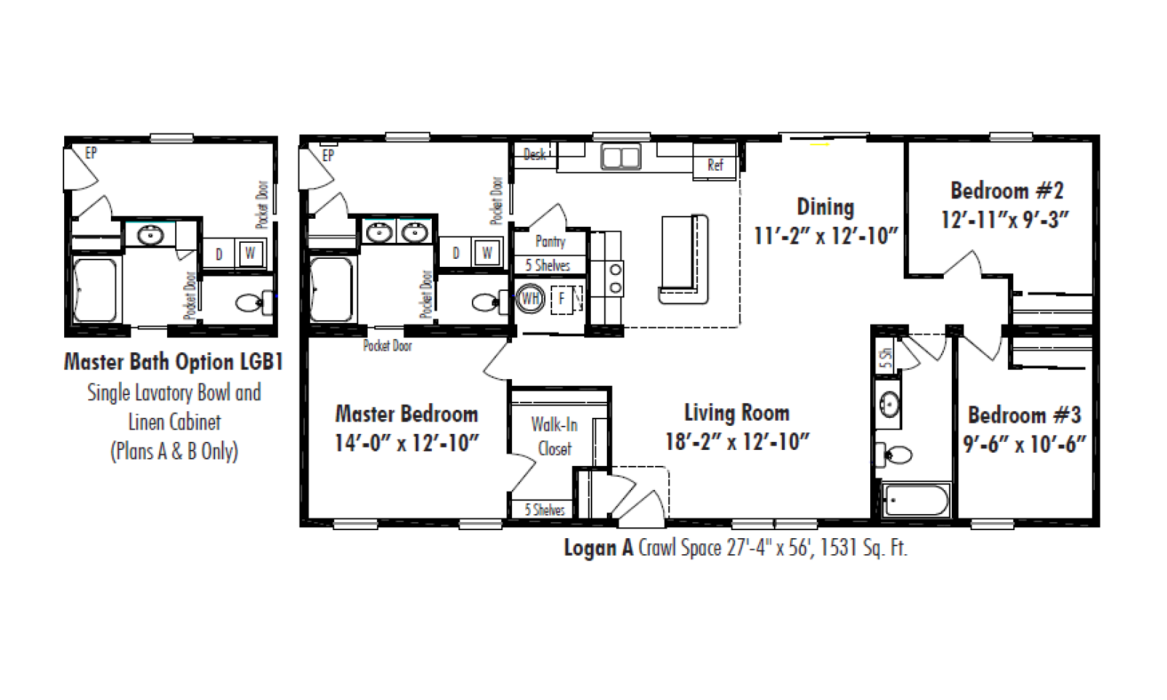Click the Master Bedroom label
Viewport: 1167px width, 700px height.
pos(406,414)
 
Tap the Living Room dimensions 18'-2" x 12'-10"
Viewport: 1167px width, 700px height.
pos(737,442)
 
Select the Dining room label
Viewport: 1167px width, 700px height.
pos(826,207)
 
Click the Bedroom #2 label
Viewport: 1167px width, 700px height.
pos(1007,190)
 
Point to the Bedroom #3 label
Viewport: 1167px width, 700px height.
pos(1024,415)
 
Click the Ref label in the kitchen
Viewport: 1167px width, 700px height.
pos(716,165)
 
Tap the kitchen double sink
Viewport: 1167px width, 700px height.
pos(621,156)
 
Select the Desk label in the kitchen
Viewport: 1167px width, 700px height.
pos(535,154)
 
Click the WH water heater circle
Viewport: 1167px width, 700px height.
pos(530,298)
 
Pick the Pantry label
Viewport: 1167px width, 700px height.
pos(550,241)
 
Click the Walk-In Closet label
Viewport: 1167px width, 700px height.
pos(554,437)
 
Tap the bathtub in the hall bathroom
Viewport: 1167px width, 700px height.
pos(916,500)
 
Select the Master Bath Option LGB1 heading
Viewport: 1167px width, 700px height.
pos(174,362)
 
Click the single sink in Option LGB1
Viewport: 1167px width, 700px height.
pos(150,235)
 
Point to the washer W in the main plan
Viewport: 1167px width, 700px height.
pos(487,253)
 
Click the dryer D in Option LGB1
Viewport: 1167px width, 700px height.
pos(219,254)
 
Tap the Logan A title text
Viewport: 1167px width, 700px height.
pos(599,548)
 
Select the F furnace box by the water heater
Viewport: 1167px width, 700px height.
pos(562,299)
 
